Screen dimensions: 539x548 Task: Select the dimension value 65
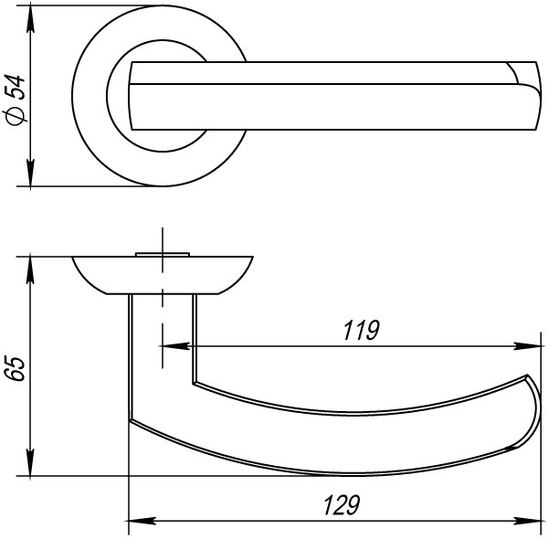point(16,368)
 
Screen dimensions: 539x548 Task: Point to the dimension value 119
point(361,331)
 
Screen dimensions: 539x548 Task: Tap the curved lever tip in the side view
point(527,411)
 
